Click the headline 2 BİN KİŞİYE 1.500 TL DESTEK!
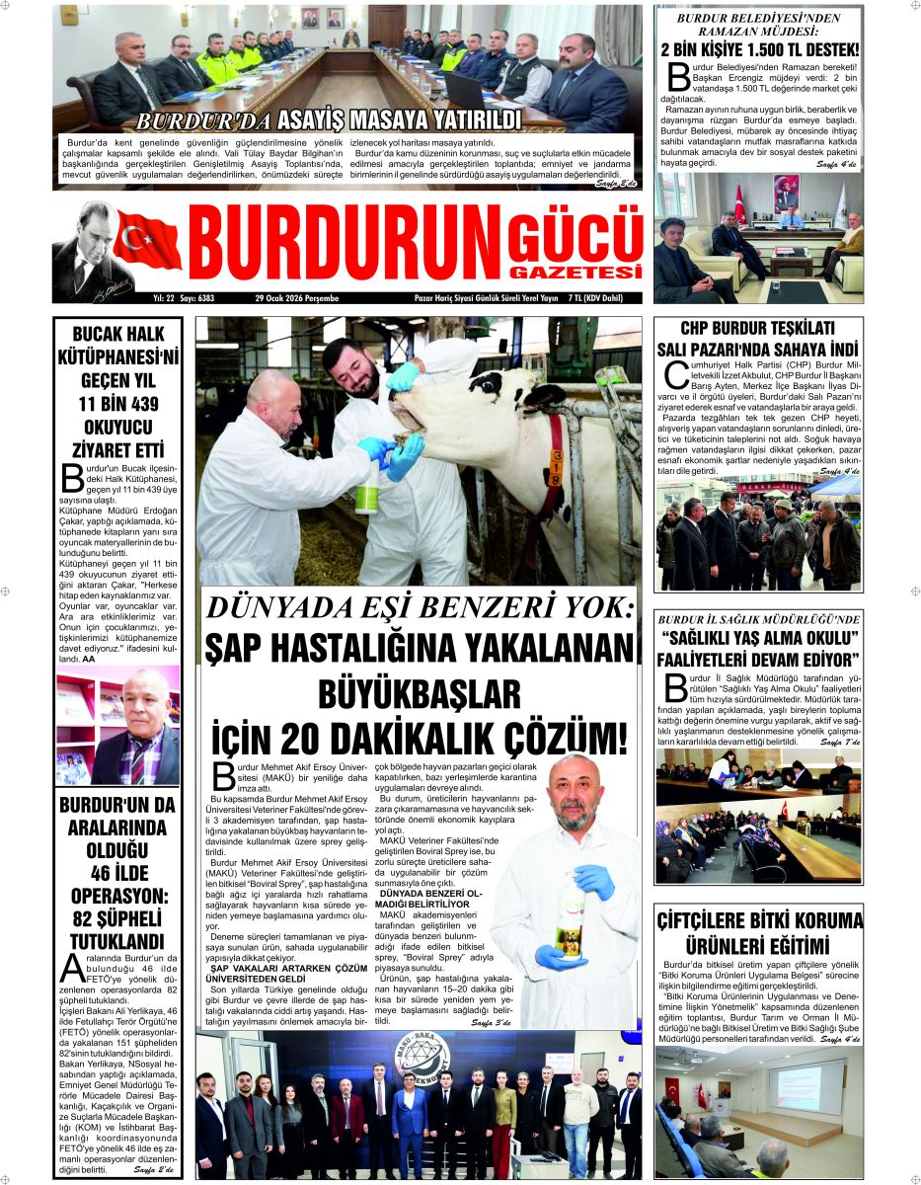click(758, 50)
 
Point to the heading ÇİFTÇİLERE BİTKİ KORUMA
click(758, 921)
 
